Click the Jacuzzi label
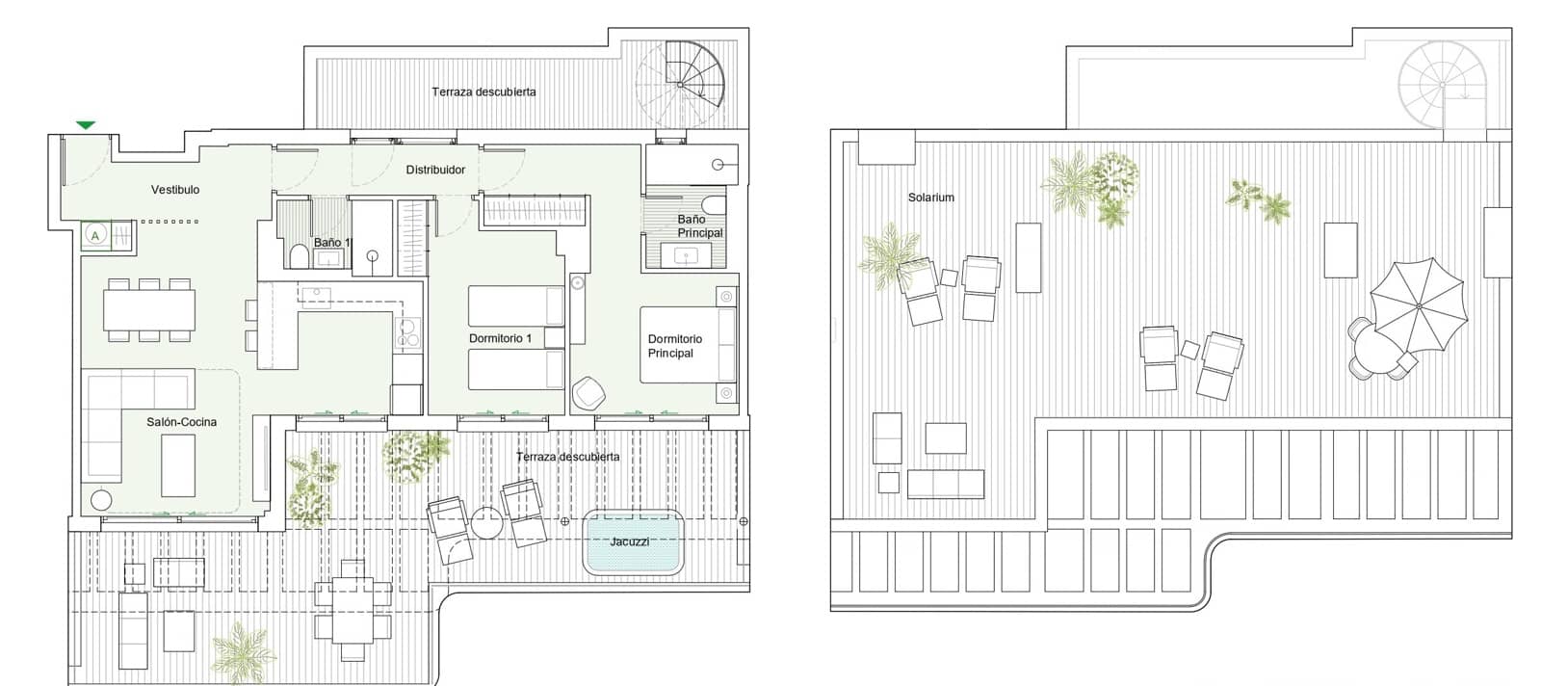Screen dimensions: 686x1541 (x=629, y=541)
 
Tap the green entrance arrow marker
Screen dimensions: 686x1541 (x=86, y=125)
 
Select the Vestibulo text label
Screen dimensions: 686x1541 (x=175, y=190)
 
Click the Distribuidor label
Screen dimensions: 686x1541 (x=435, y=170)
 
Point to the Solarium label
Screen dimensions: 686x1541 (x=930, y=198)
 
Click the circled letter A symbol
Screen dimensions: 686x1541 (x=95, y=235)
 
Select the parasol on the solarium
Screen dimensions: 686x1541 (x=1418, y=306)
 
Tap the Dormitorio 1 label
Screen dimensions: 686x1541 (x=500, y=338)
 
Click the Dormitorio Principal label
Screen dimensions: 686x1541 (x=674, y=346)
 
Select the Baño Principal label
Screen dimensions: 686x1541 (x=699, y=226)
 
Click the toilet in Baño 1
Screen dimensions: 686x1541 (x=298, y=254)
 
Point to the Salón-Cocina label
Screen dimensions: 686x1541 (x=181, y=422)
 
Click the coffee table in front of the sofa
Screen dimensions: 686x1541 (x=178, y=464)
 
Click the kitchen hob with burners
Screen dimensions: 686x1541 (x=408, y=332)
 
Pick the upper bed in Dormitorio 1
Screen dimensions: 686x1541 (x=515, y=305)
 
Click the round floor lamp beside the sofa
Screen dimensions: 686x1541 (x=100, y=501)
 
